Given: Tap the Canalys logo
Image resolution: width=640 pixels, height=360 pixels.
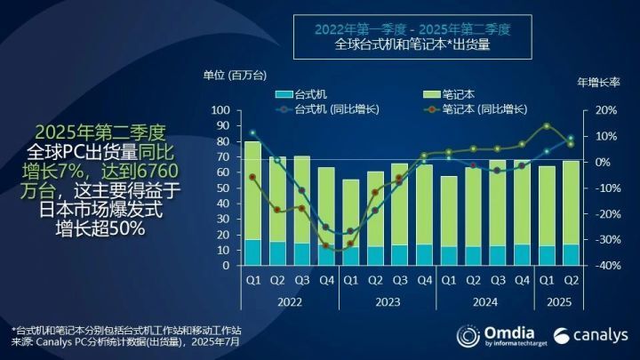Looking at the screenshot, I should click(591, 335).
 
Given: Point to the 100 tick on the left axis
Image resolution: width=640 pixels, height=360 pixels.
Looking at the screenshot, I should click(220, 110).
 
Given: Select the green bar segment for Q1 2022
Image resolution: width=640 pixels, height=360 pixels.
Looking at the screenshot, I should click(252, 190).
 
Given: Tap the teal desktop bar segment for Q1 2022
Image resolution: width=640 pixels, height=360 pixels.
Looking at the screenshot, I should click(252, 252).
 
